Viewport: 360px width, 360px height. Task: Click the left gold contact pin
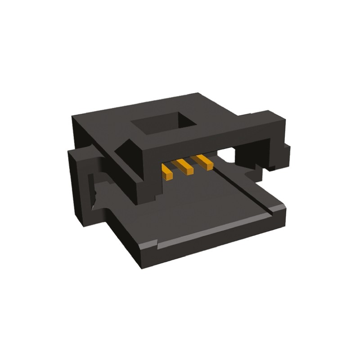point(167,171)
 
